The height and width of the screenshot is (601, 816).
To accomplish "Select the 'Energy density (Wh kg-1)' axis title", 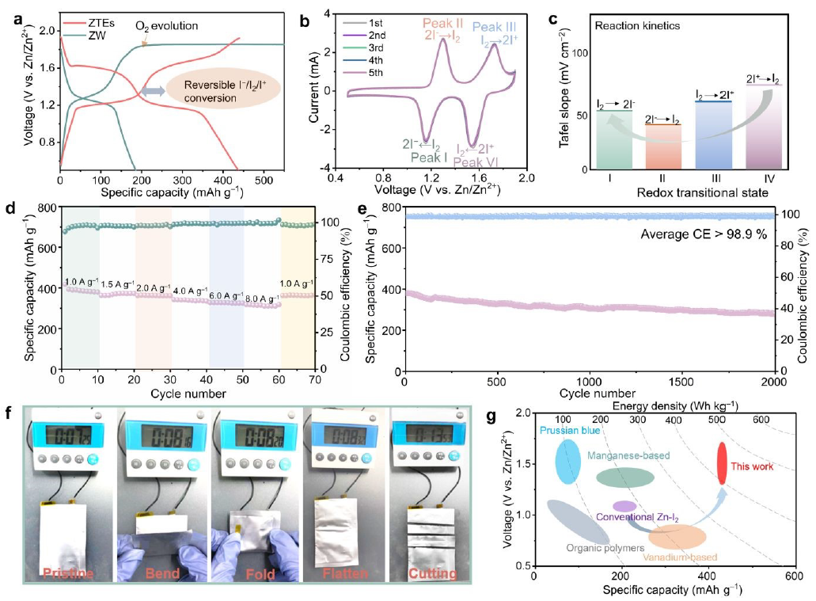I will [x=663, y=404].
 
